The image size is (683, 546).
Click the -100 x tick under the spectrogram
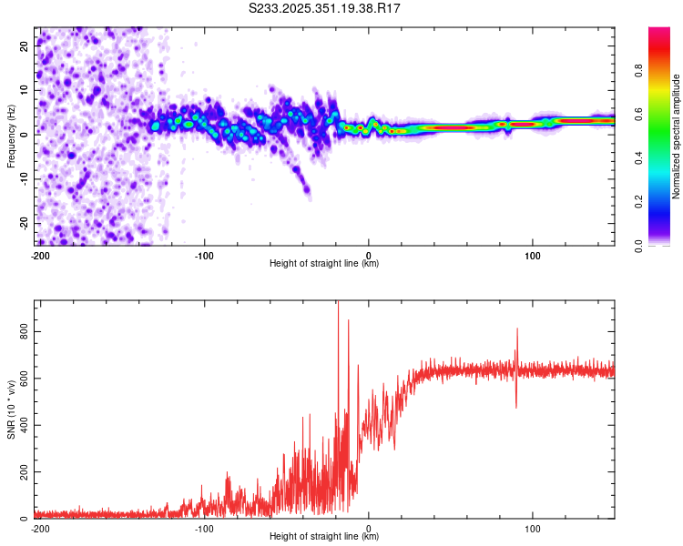[204, 255]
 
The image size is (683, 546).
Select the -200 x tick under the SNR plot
[40, 528]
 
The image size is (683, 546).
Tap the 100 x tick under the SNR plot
[533, 528]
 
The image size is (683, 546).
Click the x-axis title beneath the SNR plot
[324, 537]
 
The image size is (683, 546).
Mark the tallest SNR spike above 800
[338, 305]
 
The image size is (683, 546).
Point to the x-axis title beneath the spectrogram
[324, 264]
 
